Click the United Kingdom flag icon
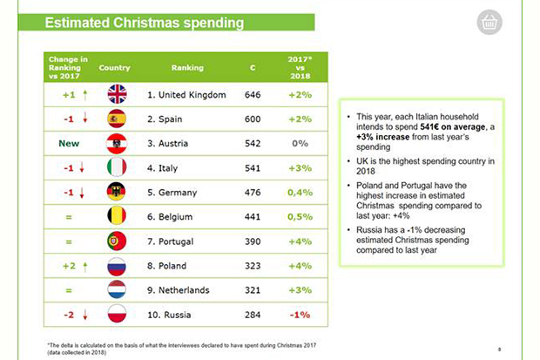[x=117, y=94]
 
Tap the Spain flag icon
[x=117, y=119]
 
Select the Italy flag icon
[x=117, y=167]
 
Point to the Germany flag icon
[x=117, y=192]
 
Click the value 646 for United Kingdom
[x=253, y=94]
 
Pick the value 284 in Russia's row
[x=253, y=314]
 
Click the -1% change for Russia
[x=299, y=314]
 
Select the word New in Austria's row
[x=69, y=143]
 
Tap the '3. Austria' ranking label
[x=174, y=143]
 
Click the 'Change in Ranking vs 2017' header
[x=69, y=67]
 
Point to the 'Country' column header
[x=115, y=67]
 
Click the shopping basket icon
[x=489, y=23]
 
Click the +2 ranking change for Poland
[x=69, y=265]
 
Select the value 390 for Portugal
[x=253, y=241]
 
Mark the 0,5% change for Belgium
[x=299, y=216]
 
